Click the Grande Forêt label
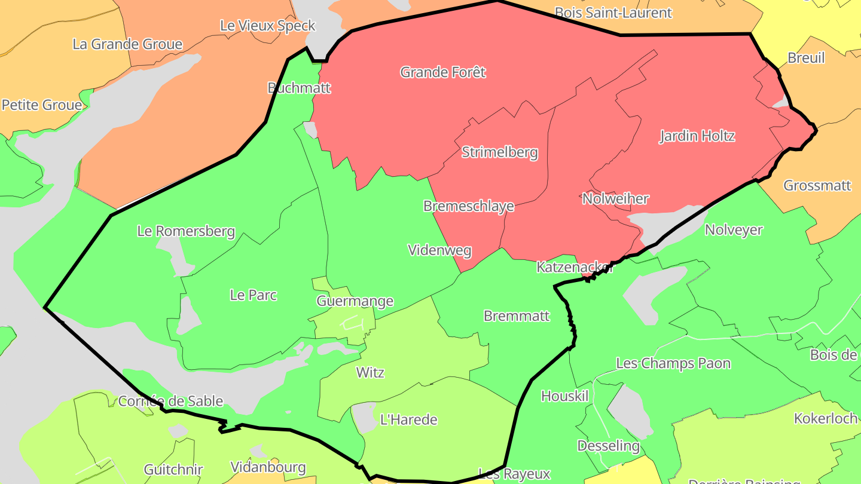point(443,72)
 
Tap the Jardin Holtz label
point(697,136)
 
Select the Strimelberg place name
point(500,152)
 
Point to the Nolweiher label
point(615,198)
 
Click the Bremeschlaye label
point(469,206)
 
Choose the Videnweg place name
point(440,250)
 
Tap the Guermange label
point(355,301)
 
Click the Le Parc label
point(254,295)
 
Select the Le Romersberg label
point(186,231)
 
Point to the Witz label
point(370,372)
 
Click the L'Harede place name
point(409,419)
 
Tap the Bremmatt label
point(517,315)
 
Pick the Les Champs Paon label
point(673,363)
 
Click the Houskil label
point(565,396)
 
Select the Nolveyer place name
point(734,229)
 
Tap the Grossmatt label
point(817,185)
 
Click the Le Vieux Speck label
point(267,26)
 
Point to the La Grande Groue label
point(127,44)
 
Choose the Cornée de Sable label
point(170,401)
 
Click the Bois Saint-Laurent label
point(613,13)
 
